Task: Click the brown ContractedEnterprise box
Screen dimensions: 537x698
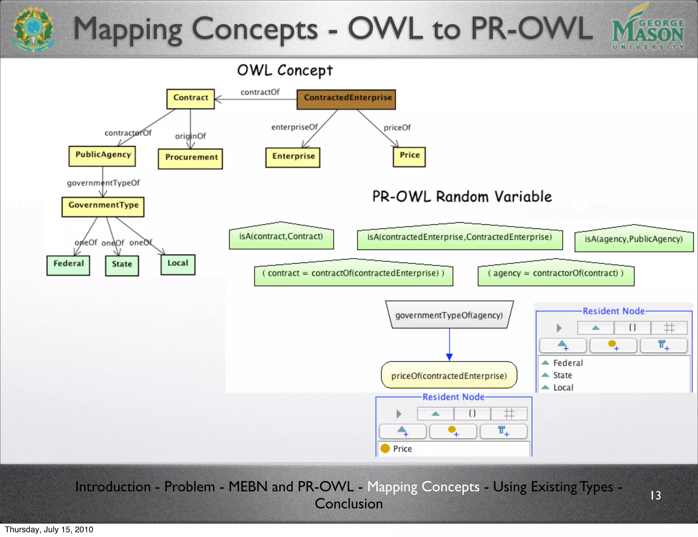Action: [346, 99]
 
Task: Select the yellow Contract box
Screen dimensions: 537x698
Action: [191, 99]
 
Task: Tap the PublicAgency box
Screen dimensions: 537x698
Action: [102, 156]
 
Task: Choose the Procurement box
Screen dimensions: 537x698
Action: [191, 158]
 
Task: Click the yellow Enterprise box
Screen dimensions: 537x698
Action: [293, 157]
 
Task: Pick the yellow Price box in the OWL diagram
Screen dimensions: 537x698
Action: [409, 157]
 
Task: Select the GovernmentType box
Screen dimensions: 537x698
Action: [103, 206]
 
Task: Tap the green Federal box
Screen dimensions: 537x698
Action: [68, 265]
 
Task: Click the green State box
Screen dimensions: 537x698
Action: [122, 265]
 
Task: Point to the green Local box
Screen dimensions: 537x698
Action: [178, 264]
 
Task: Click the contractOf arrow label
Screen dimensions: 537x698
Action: [260, 92]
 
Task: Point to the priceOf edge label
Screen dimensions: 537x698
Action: [397, 127]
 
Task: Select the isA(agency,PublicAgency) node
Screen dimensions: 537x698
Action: [634, 239]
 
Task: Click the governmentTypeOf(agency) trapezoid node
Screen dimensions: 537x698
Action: [449, 315]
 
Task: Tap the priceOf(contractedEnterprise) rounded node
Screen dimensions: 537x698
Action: [449, 375]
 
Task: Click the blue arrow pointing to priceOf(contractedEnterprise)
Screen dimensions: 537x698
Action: [449, 356]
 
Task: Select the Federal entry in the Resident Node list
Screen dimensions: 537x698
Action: [568, 363]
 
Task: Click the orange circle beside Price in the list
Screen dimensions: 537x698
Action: [385, 448]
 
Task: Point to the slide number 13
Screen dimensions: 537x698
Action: [655, 495]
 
